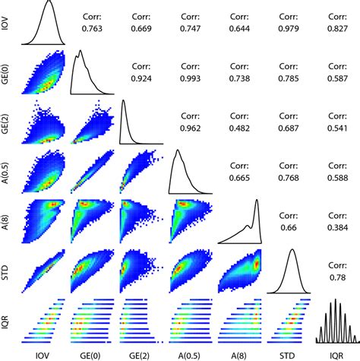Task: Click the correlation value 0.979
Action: point(288,29)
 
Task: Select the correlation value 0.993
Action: point(189,77)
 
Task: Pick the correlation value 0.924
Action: point(140,77)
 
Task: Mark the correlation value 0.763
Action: point(90,29)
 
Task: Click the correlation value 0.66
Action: point(288,226)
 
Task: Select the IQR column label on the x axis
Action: point(337,353)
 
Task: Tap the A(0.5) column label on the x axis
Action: point(189,353)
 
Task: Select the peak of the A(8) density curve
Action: point(257,202)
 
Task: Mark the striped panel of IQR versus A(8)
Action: point(240,318)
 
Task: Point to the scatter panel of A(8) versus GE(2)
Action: point(141,220)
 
